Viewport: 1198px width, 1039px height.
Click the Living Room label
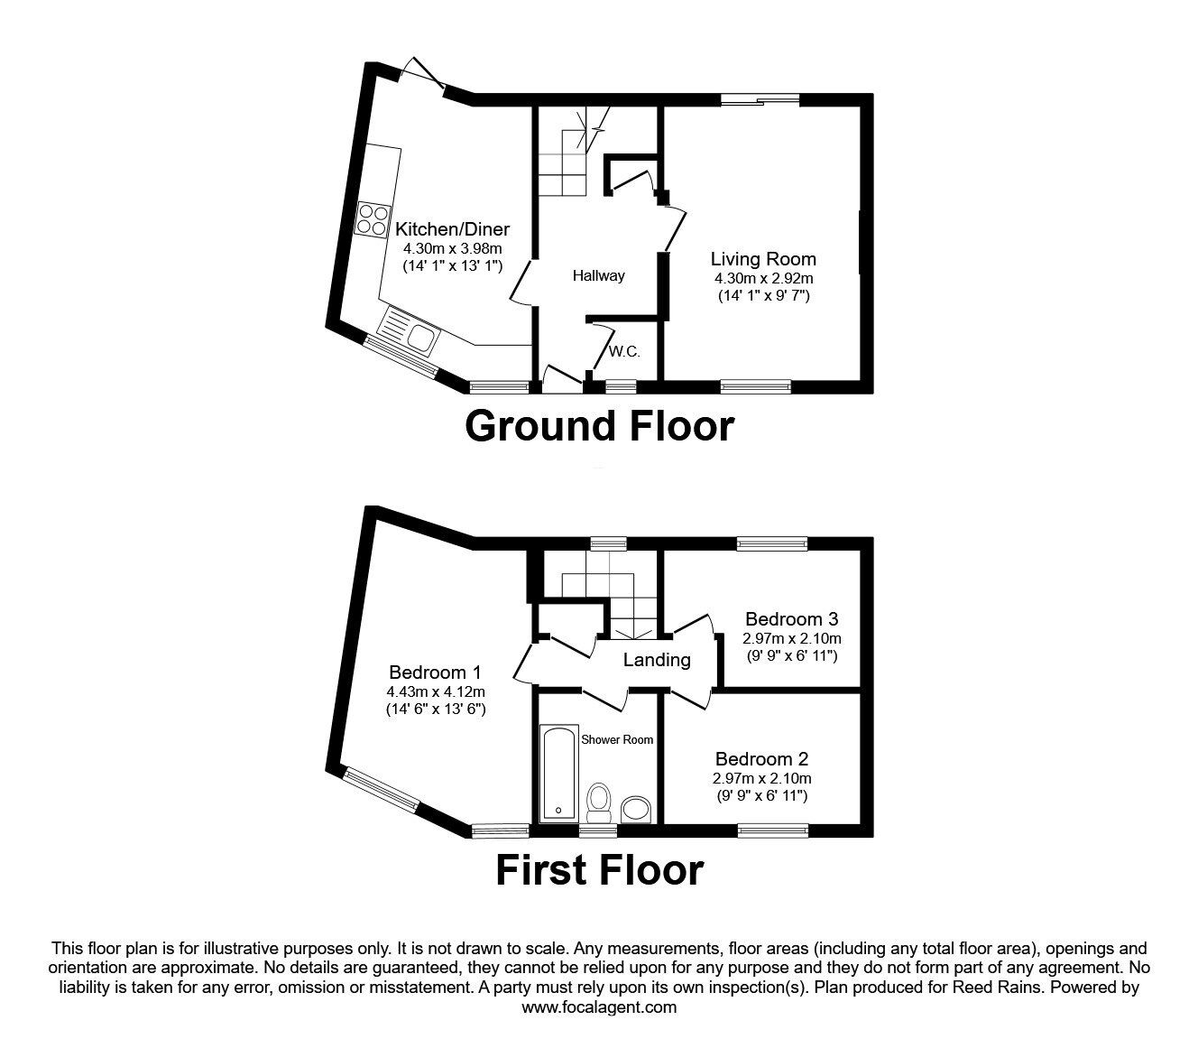tap(762, 259)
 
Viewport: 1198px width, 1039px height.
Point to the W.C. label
tap(623, 352)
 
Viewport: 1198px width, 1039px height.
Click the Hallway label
tap(598, 276)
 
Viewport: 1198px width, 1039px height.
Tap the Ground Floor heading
tap(599, 425)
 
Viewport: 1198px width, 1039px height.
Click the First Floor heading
tap(599, 870)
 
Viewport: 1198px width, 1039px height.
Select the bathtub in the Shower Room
tap(557, 774)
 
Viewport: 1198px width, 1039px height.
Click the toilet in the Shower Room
tap(598, 800)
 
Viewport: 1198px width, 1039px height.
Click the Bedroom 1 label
tap(435, 672)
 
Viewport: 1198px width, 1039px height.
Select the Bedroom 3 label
tap(791, 619)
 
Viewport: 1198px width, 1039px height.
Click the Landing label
tap(657, 660)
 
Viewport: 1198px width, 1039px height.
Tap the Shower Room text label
tap(617, 739)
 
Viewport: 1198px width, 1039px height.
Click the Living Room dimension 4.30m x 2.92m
tap(762, 278)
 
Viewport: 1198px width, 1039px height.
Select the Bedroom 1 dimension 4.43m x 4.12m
tap(435, 691)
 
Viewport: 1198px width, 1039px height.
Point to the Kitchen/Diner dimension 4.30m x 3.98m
tap(452, 248)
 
